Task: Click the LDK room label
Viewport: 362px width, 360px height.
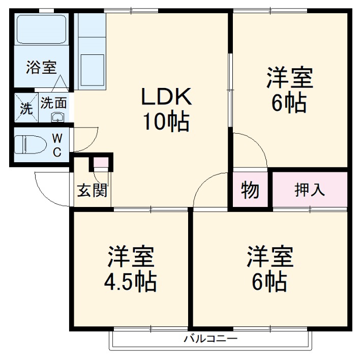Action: [165, 97]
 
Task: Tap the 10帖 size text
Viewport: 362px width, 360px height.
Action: [165, 122]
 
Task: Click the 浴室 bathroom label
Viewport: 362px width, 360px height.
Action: [42, 67]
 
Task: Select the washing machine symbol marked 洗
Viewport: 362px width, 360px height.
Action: [26, 107]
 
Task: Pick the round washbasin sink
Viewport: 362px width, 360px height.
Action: [57, 118]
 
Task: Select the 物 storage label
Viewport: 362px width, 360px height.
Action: [250, 190]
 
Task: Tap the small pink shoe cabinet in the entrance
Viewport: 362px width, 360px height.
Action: [101, 163]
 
